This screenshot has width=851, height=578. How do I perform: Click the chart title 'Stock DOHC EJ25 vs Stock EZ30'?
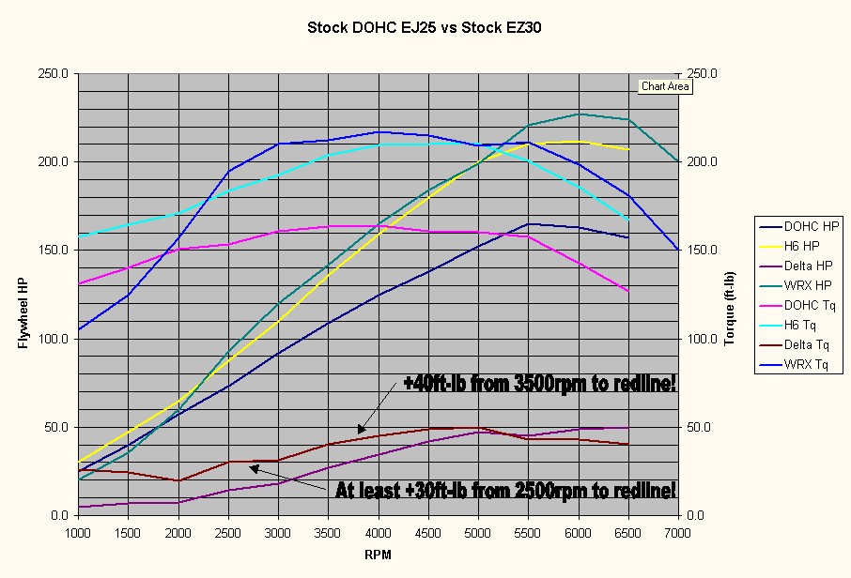tap(425, 28)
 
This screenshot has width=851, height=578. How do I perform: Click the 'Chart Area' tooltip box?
tap(665, 86)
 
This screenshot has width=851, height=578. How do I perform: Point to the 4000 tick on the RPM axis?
tap(378, 533)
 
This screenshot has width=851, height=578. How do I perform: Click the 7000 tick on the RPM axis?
tap(677, 533)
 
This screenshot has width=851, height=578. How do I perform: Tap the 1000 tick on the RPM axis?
tap(79, 533)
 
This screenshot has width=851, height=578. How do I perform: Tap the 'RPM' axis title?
tap(377, 555)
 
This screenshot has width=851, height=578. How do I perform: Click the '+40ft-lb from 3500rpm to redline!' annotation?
tap(538, 385)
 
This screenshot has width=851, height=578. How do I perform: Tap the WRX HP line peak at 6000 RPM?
tap(578, 114)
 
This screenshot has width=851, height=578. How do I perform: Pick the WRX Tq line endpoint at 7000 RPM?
tap(677, 250)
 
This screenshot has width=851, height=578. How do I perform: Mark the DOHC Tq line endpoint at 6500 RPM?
tap(627, 292)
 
